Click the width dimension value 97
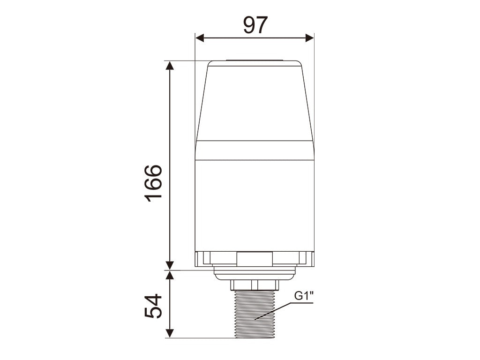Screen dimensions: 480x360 (255, 25)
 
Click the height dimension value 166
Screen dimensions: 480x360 (153, 184)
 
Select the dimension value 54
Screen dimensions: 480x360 (153, 306)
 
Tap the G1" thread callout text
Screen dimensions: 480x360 (304, 296)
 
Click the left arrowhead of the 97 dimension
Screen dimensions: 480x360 (200, 38)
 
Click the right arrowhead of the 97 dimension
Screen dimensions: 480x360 (309, 38)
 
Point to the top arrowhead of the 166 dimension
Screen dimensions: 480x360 (170, 65)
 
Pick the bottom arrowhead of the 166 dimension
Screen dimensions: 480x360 (170, 266)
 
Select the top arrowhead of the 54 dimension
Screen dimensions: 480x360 (170, 275)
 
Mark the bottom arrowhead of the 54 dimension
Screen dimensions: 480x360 (170, 333)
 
